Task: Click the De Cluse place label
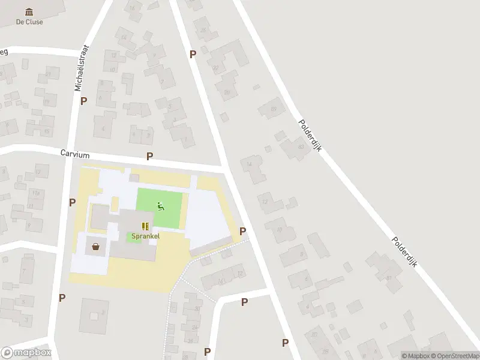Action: coord(29,22)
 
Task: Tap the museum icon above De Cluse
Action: coord(29,11)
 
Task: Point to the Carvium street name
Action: coord(74,154)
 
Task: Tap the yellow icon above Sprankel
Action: coord(145,226)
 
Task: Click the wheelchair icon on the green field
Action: coord(160,207)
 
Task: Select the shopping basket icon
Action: coord(95,245)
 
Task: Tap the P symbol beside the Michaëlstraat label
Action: coord(83,101)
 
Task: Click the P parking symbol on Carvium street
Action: coord(149,156)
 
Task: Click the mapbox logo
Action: coord(26,353)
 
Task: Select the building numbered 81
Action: coord(388,277)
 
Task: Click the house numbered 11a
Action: coord(36,193)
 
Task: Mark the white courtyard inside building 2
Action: coord(94,316)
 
